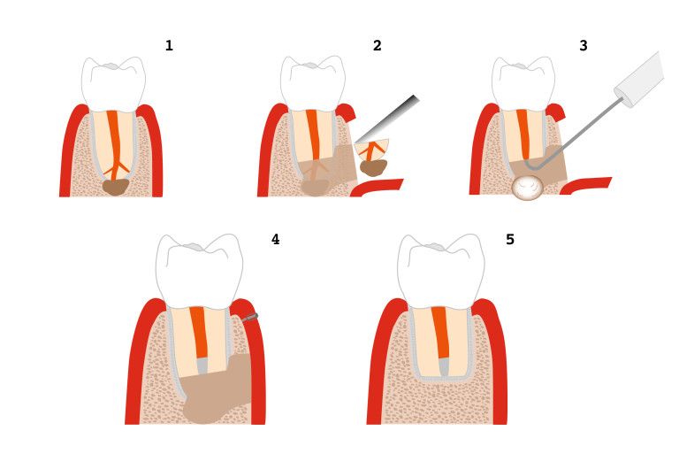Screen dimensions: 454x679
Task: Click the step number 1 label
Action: click(x=169, y=46)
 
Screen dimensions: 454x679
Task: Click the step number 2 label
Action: click(x=377, y=46)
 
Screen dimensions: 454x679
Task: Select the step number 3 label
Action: click(x=583, y=46)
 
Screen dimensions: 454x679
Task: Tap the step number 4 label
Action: click(x=275, y=239)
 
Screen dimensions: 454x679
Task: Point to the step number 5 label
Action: click(x=510, y=239)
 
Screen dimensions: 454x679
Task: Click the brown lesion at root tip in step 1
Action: click(x=115, y=186)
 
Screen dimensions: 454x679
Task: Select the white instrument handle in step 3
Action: click(x=640, y=81)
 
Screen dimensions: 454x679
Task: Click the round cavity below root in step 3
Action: click(x=528, y=187)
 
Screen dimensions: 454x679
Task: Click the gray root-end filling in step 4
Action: click(x=202, y=363)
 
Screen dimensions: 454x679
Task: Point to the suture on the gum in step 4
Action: click(x=251, y=316)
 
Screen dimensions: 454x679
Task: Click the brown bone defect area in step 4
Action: click(x=217, y=394)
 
